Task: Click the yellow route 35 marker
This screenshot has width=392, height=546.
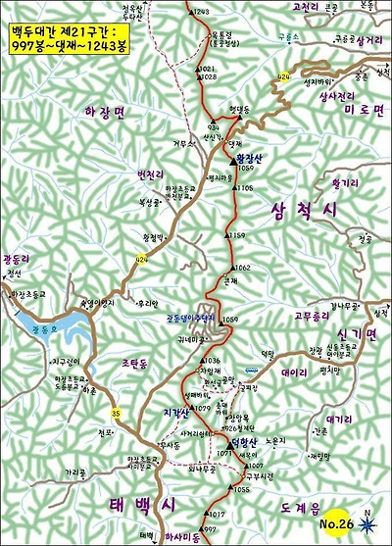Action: click(x=116, y=412)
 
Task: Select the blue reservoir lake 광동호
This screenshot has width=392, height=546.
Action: click(x=39, y=334)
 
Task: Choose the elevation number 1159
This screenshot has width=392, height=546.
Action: click(x=242, y=236)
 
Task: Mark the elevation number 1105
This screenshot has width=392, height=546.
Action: click(x=245, y=187)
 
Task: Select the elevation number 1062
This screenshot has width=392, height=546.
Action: click(x=243, y=268)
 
